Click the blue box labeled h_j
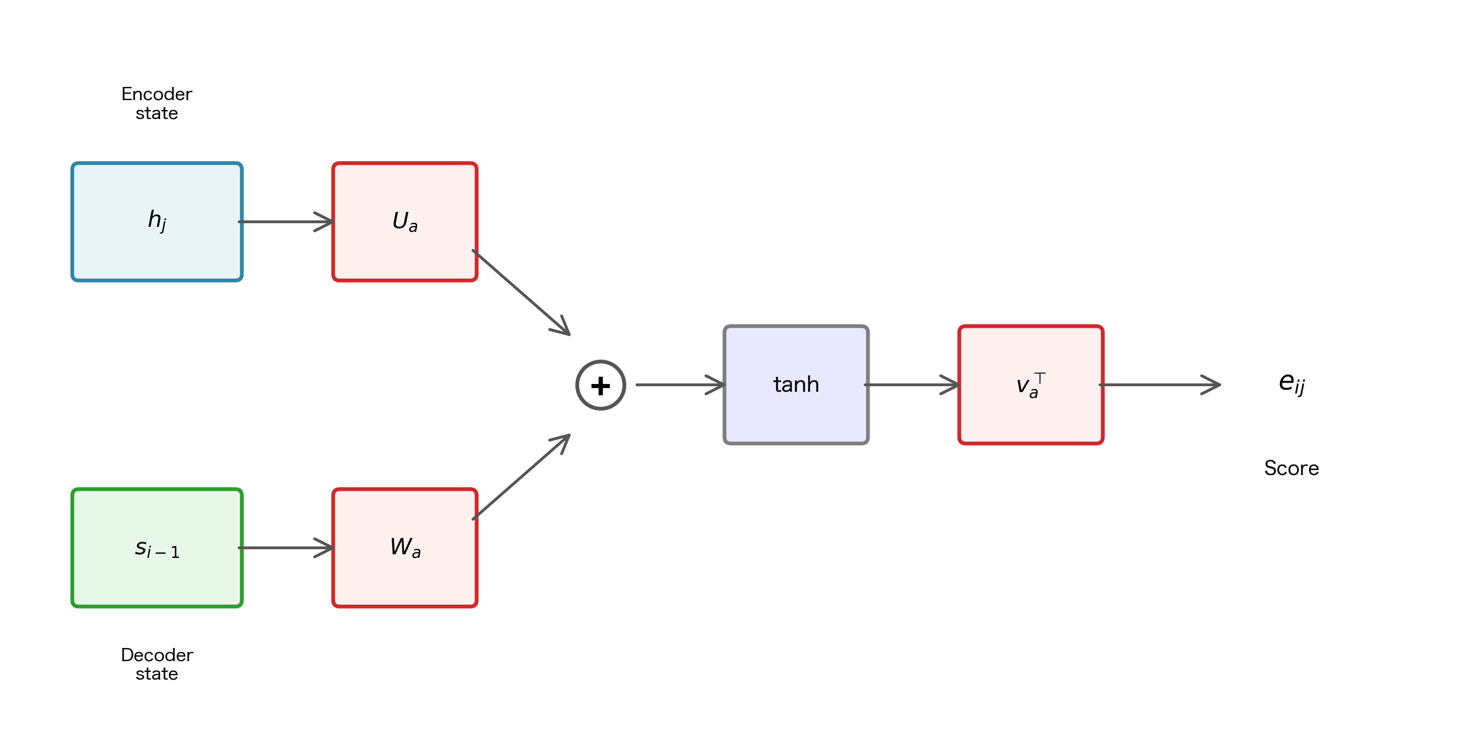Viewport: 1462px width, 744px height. point(157,221)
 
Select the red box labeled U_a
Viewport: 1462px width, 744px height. point(404,221)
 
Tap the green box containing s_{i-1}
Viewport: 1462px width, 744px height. point(157,547)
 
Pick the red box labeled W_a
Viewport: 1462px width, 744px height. point(404,547)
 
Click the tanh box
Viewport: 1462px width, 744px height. point(796,385)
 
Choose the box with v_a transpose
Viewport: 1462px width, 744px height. point(1030,385)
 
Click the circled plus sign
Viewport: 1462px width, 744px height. point(601,385)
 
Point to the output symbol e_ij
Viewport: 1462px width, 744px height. point(1291,383)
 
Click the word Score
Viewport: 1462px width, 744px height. point(1291,468)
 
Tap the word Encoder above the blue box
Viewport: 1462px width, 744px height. point(157,94)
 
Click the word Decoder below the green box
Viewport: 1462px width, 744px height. point(157,655)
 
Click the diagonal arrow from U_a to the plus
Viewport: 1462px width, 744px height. point(521,292)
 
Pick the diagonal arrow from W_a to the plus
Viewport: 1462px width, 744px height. point(521,477)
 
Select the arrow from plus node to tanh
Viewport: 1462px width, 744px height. point(680,385)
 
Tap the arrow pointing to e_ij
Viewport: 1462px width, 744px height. point(1159,385)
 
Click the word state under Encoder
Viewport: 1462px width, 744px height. point(157,114)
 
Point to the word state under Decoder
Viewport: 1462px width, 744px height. point(157,674)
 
